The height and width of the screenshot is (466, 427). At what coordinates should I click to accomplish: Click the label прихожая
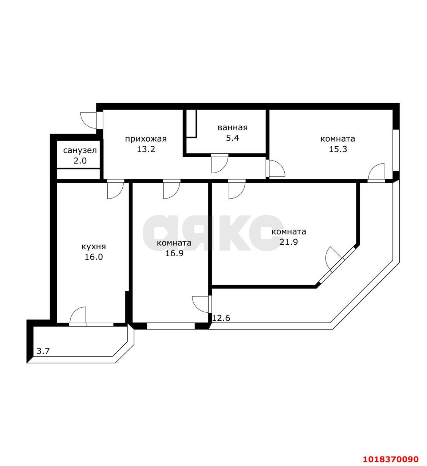(146, 139)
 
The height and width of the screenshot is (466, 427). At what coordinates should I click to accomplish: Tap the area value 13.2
(146, 149)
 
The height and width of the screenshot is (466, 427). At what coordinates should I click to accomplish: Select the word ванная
(233, 128)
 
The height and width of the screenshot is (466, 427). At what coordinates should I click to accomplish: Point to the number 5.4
(233, 138)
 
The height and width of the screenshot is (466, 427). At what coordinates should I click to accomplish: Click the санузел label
(80, 150)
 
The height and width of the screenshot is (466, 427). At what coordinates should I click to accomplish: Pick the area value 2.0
(80, 161)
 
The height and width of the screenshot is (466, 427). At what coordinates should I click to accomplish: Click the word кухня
(94, 247)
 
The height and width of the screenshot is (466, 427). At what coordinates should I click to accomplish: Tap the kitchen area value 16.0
(94, 257)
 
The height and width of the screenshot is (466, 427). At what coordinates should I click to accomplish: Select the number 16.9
(174, 253)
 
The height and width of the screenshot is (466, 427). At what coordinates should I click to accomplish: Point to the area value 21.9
(289, 242)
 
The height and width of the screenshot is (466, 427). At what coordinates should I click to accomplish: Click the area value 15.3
(338, 149)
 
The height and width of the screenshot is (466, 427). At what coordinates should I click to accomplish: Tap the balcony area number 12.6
(221, 318)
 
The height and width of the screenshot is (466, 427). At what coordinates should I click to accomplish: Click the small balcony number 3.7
(43, 351)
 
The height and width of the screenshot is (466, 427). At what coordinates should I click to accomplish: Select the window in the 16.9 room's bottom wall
(171, 326)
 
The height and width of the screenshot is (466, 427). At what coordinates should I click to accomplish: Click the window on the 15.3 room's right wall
(396, 150)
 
